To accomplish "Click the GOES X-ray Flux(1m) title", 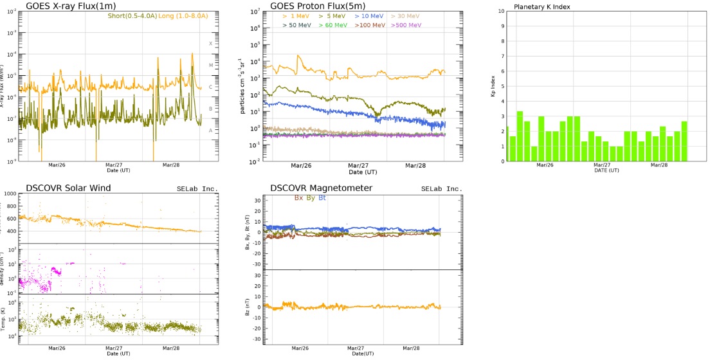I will click(x=71, y=6).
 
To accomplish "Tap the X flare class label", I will click(x=210, y=44).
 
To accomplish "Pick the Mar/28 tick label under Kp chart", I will click(x=659, y=165).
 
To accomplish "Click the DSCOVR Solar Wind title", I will click(x=69, y=188).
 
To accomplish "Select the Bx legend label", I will click(x=298, y=197).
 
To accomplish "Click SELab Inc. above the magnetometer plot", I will click(x=442, y=189).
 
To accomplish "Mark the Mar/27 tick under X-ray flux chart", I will click(x=113, y=164).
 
